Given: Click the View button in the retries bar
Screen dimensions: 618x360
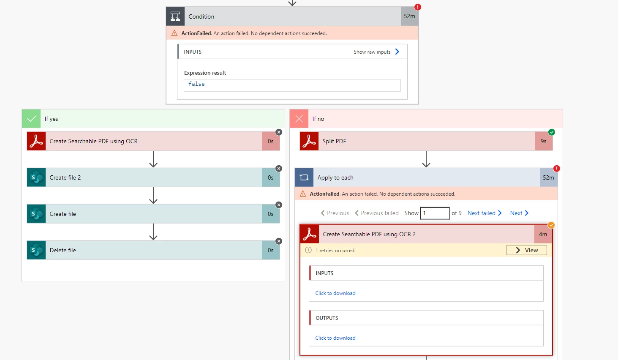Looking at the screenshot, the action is (526, 250).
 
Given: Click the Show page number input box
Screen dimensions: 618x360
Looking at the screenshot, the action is (435, 213).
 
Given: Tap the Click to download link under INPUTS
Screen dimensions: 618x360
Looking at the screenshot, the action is (335, 293).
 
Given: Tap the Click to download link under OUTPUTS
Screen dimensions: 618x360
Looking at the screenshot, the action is (335, 338).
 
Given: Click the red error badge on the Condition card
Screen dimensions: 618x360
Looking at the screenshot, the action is (418, 7).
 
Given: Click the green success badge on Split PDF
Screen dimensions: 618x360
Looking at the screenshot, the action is (552, 132).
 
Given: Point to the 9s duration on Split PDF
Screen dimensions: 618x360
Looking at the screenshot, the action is (544, 142).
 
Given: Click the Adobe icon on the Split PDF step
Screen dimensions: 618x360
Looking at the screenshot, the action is (309, 142).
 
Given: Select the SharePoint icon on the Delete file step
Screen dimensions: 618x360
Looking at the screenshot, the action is (36, 250).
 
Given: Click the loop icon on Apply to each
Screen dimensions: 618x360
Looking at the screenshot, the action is (304, 177).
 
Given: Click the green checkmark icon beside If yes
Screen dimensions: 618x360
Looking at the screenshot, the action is (31, 119).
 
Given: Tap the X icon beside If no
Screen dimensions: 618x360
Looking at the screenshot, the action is (299, 119).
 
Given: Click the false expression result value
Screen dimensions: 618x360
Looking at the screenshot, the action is (196, 84).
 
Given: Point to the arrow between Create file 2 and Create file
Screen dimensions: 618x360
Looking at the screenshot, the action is (153, 196).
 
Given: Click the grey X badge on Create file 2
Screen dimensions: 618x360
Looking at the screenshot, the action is (279, 169).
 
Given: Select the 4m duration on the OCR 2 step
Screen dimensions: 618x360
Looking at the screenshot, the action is (543, 234).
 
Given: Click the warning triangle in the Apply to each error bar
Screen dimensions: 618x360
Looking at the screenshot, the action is (302, 194).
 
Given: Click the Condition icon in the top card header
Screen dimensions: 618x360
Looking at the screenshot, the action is (175, 16).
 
